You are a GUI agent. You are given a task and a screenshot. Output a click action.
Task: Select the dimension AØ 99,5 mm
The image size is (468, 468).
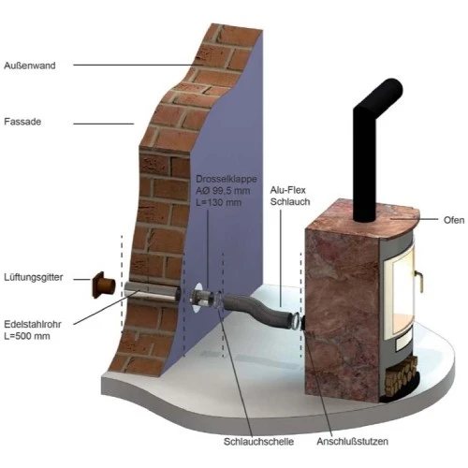pyautogui.click(x=224, y=190)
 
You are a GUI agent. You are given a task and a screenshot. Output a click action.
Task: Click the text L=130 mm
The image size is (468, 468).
pyautogui.click(x=220, y=202)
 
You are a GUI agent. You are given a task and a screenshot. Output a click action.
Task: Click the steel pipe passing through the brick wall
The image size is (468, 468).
pyautogui.click(x=150, y=291)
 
